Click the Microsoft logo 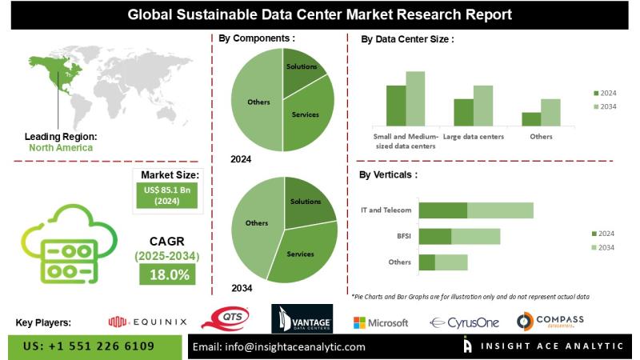pyautogui.click(x=381, y=322)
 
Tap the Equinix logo pyautogui.click(x=147, y=322)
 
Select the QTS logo pyautogui.click(x=229, y=321)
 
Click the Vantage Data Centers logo pyautogui.click(x=302, y=322)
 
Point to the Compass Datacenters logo pyautogui.click(x=550, y=322)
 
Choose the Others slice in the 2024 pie pyautogui.click(x=258, y=102)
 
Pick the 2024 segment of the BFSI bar pyautogui.click(x=435, y=236)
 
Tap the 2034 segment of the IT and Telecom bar pyautogui.click(x=500, y=210)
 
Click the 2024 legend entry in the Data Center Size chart pyautogui.click(x=605, y=93)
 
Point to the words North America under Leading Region pyautogui.click(x=61, y=147)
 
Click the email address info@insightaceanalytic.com pyautogui.click(x=279, y=346)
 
